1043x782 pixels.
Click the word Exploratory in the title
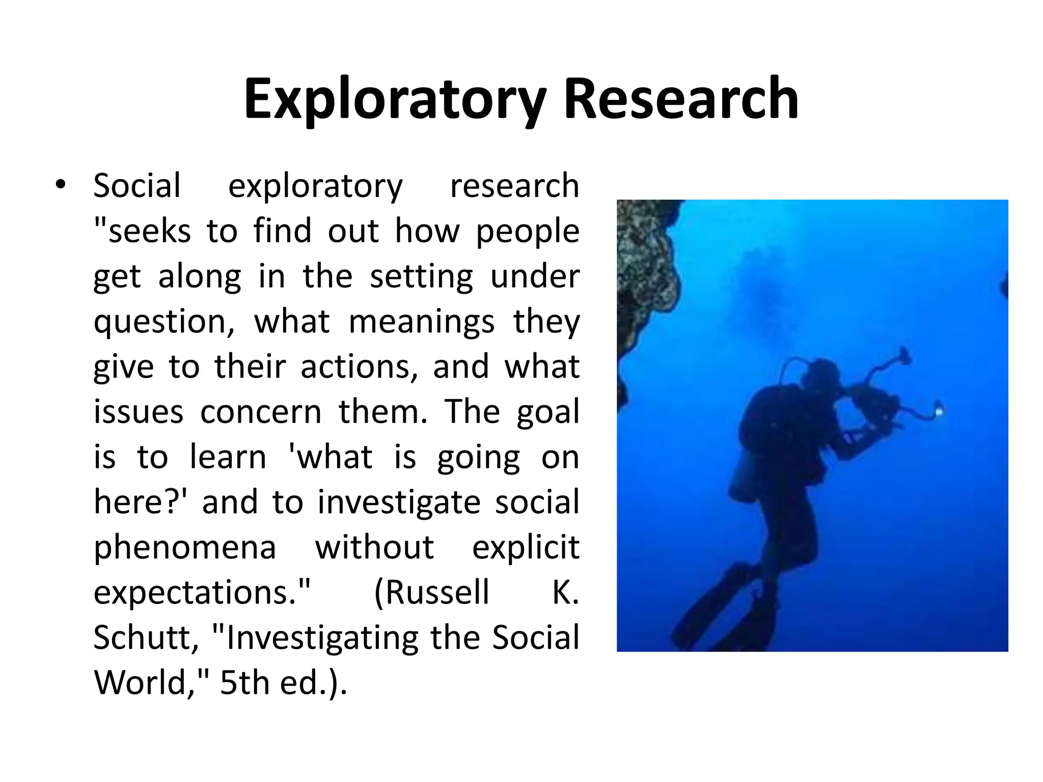tap(395, 99)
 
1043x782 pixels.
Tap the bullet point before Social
tap(61, 185)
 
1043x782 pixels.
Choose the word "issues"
tap(138, 411)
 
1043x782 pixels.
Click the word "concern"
tap(261, 411)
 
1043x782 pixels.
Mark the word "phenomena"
tap(185, 547)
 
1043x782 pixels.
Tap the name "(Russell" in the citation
tap(431, 592)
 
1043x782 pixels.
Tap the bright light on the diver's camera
tap(938, 408)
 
